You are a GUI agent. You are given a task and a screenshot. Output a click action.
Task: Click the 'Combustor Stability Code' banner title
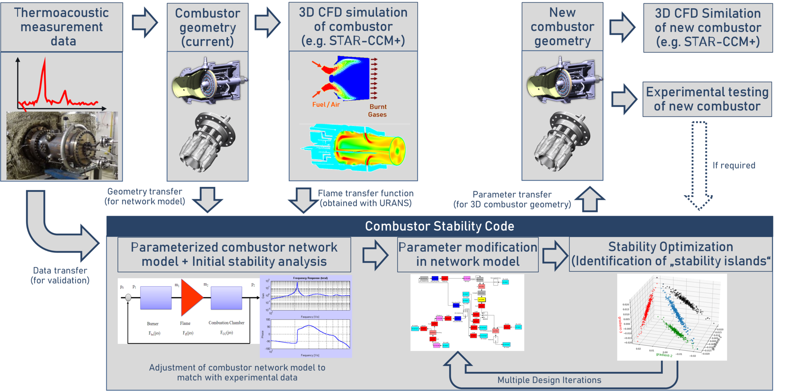[439, 226]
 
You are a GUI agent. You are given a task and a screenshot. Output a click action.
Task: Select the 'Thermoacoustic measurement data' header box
[62, 27]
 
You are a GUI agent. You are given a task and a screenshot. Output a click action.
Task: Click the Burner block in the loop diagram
[156, 298]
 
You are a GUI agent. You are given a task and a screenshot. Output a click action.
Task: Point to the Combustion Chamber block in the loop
[226, 298]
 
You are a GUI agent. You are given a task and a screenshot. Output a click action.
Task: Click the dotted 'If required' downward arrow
[699, 164]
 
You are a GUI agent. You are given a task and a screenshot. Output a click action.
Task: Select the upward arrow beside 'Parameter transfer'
[590, 200]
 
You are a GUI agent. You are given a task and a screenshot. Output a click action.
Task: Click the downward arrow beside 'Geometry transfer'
[208, 200]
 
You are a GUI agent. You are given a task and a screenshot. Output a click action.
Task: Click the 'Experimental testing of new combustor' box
[707, 99]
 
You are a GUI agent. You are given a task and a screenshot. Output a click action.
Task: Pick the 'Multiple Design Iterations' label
[549, 380]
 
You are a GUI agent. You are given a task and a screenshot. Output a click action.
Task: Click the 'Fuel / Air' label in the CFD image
[326, 105]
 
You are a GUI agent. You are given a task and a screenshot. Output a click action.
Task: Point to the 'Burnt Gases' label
[378, 110]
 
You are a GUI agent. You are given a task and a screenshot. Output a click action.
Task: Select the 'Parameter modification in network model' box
[468, 255]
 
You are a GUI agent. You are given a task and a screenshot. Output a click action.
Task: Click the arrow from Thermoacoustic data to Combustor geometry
[145, 23]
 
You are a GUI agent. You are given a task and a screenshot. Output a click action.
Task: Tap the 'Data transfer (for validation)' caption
[60, 276]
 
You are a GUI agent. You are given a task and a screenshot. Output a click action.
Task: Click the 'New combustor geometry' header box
[562, 27]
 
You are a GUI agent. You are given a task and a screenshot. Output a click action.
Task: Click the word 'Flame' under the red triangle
[185, 323]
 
